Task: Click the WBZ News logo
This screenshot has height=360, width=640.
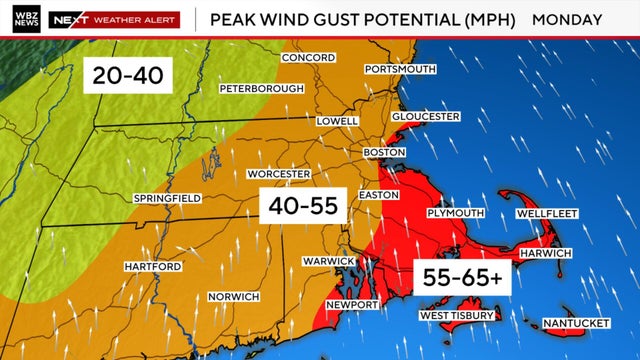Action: click(23, 19)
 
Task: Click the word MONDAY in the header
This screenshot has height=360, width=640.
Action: click(567, 19)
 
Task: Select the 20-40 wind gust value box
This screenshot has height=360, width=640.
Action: click(128, 73)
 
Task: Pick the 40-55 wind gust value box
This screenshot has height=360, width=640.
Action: click(303, 207)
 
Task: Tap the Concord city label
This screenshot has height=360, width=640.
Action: click(308, 58)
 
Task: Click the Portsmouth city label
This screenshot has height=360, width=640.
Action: click(400, 69)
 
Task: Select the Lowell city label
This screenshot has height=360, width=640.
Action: click(337, 121)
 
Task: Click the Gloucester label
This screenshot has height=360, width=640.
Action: click(426, 117)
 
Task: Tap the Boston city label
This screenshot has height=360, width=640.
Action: click(384, 152)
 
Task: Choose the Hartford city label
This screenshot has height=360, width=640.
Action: click(153, 266)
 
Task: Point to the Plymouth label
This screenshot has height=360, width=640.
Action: click(456, 214)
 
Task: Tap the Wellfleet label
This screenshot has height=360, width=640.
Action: click(550, 214)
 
